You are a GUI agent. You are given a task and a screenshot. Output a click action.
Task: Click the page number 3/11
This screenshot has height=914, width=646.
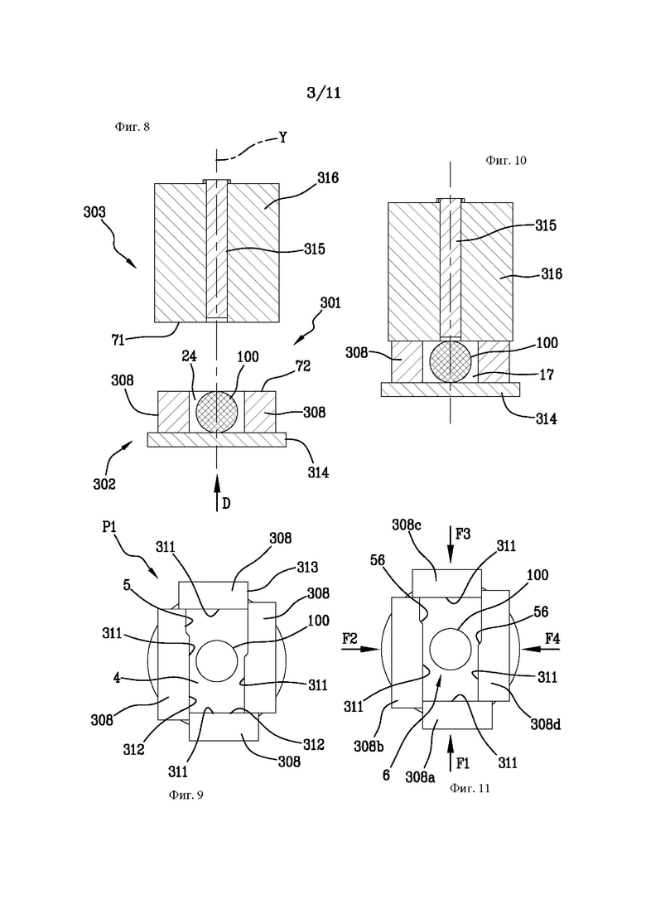pos(323,92)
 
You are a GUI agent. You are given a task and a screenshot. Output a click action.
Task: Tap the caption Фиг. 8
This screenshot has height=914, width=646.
pos(133,127)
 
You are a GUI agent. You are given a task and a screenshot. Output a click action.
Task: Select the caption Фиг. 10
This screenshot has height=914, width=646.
pos(505,160)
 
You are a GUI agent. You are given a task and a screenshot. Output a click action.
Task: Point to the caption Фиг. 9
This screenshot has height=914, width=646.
pos(186,795)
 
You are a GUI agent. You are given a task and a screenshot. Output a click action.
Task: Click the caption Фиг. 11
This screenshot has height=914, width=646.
pos(470,788)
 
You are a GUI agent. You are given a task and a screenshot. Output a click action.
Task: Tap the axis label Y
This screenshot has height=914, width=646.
pos(282,138)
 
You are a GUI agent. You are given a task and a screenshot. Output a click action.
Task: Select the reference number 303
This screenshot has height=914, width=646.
pos(94,212)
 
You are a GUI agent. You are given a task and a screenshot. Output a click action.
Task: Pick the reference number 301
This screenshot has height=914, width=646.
pos(330,302)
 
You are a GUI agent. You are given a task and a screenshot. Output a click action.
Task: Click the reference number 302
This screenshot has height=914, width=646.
pos(105,484)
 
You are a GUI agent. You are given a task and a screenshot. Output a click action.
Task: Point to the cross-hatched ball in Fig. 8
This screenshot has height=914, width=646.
pos(216,411)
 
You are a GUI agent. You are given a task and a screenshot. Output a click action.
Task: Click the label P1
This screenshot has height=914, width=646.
pos(109,527)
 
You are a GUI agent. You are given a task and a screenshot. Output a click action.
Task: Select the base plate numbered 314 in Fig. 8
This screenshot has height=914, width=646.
pos(217,439)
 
